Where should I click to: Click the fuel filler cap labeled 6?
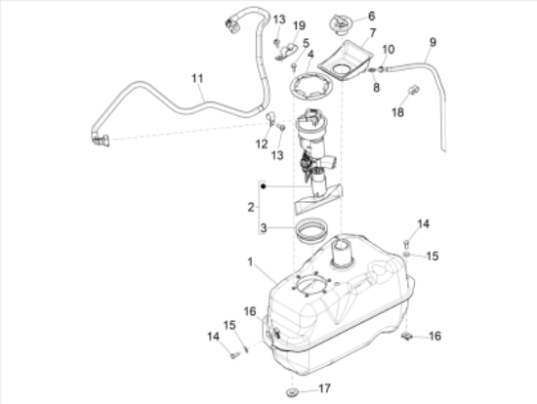340,24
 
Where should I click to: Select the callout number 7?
373,33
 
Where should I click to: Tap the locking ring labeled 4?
310,87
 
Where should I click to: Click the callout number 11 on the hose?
197,78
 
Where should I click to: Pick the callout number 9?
433,42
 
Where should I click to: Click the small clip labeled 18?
414,90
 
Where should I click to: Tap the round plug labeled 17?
292,392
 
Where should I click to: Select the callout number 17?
325,388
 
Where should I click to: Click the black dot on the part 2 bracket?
264,186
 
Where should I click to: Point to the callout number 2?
251,207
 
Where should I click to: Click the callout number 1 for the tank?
250,262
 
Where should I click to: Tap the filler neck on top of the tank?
341,254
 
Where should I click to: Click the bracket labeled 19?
288,52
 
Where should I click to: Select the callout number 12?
262,144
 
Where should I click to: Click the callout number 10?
388,50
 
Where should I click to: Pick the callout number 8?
376,87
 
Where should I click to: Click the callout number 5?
306,43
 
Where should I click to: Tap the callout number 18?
397,112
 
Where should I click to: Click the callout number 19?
299,25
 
